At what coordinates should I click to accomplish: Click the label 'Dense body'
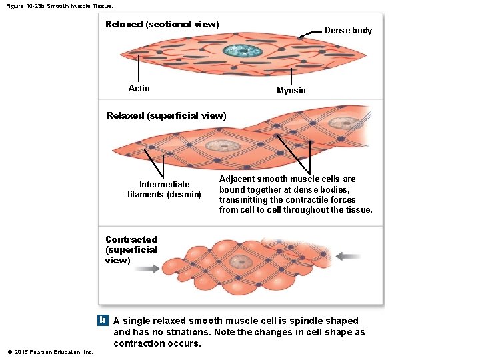click(x=348, y=30)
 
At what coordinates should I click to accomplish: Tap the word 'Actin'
click(x=139, y=88)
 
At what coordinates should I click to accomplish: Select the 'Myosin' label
click(x=291, y=90)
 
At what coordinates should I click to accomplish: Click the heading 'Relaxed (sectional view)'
click(x=162, y=24)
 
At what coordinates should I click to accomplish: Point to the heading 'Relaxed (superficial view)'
click(x=167, y=115)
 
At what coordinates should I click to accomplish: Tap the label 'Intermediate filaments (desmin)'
click(x=164, y=189)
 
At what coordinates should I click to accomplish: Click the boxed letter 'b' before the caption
click(x=103, y=320)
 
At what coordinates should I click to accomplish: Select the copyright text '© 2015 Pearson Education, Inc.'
click(x=51, y=351)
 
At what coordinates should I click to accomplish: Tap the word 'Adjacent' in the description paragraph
click(x=237, y=179)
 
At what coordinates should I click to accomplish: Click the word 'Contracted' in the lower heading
click(x=131, y=239)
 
